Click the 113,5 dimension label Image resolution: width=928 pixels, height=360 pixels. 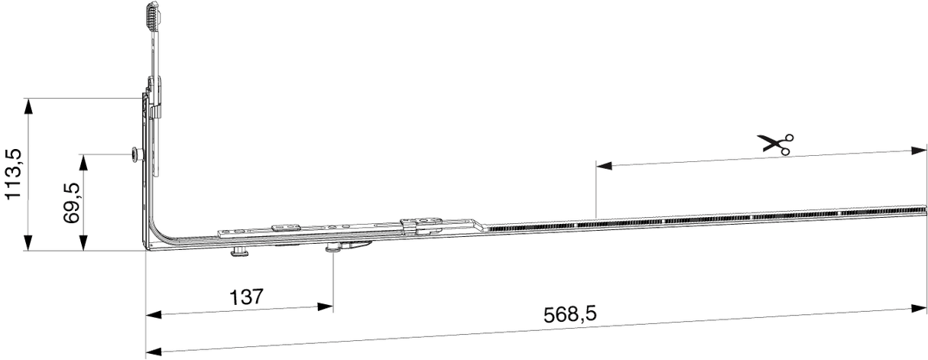[x=13, y=174]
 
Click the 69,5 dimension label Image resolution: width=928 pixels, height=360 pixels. [x=71, y=203]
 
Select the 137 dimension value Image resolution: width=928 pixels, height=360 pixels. [x=246, y=297]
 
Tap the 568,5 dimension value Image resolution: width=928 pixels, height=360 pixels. [x=570, y=314]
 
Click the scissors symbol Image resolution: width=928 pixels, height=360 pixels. [x=775, y=144]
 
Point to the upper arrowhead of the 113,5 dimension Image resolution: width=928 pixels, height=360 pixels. [x=28, y=106]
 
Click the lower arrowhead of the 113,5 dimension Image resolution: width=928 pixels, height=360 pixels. [x=28, y=243]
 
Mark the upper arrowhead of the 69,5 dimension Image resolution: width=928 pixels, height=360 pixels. [x=83, y=162]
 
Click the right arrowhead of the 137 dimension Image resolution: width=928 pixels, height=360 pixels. [x=325, y=307]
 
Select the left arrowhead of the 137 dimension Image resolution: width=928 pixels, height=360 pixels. [x=154, y=315]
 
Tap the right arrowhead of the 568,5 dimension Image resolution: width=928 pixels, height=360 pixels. [x=919, y=309]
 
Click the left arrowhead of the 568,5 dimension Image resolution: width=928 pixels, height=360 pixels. [x=154, y=352]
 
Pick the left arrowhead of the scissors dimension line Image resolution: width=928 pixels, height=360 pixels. [x=604, y=166]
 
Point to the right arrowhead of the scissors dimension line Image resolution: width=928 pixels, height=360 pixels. [x=919, y=151]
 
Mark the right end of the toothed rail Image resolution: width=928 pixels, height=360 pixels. [x=925, y=209]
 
